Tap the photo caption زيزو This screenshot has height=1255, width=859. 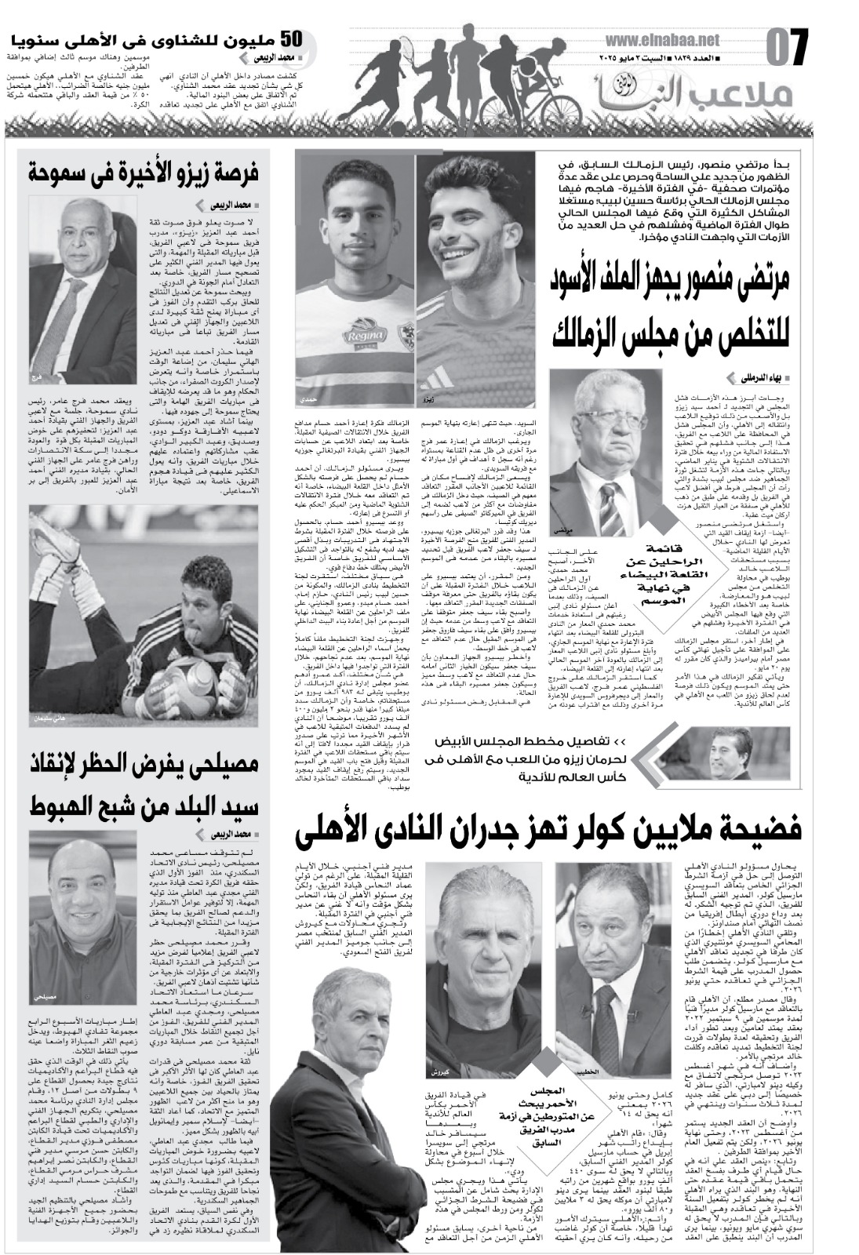[x=428, y=398]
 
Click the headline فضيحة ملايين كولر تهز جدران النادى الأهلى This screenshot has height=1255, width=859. [x=549, y=835]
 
